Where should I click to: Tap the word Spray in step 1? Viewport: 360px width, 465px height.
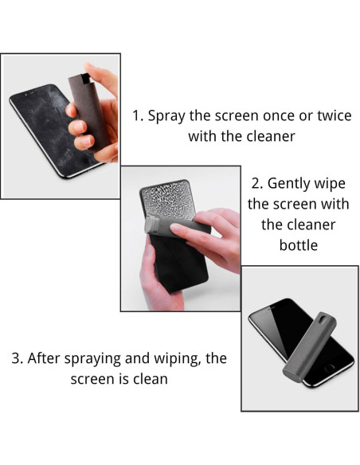[x=169, y=115]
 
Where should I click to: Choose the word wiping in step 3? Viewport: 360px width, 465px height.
[x=170, y=358]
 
